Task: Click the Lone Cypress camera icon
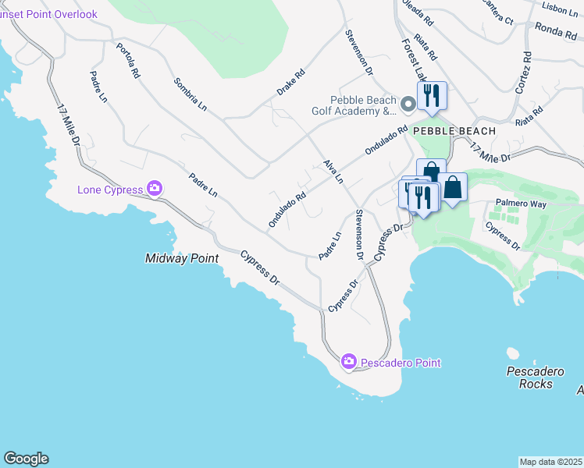click(155, 189)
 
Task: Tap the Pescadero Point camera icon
click(348, 362)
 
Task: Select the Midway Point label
click(181, 258)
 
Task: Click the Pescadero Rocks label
click(529, 378)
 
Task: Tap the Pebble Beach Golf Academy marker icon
click(408, 105)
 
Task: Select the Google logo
click(26, 459)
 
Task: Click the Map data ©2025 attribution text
click(551, 462)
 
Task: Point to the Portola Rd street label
click(128, 60)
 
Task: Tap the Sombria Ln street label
click(191, 94)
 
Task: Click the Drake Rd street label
click(290, 82)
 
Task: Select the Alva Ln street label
click(333, 172)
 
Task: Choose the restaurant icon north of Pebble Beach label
click(432, 96)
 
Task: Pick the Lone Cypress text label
click(110, 190)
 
